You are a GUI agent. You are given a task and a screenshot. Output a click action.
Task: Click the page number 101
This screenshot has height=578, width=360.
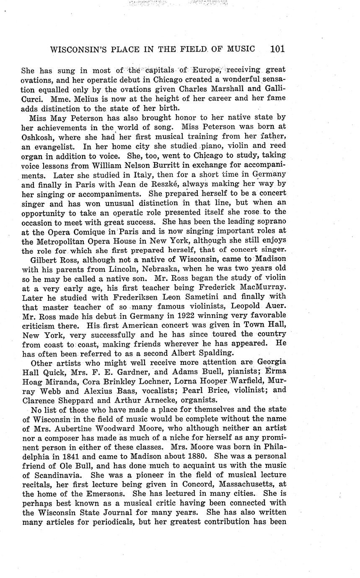(277, 49)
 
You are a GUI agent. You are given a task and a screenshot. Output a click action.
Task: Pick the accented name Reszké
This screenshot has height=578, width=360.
(163, 186)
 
